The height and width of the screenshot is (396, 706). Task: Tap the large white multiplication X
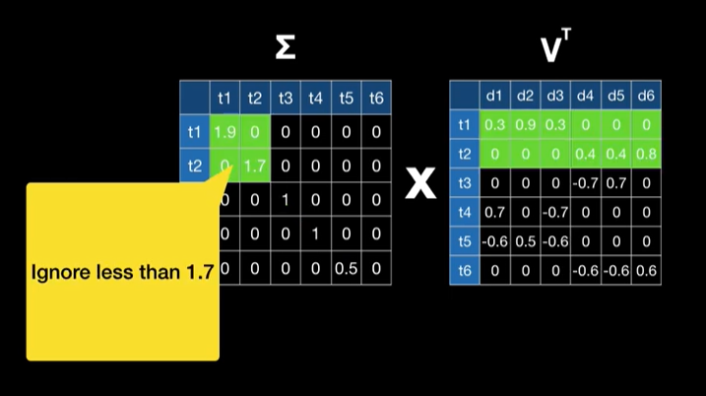(x=420, y=183)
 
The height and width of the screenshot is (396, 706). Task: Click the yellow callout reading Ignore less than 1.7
(x=122, y=271)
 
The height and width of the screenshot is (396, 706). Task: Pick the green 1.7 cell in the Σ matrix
(x=254, y=165)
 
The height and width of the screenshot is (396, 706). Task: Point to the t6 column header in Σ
(x=375, y=98)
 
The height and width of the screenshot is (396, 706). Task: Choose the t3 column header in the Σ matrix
(x=285, y=98)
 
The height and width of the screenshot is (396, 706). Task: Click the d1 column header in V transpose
(x=494, y=96)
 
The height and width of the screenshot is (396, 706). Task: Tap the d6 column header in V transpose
(x=646, y=96)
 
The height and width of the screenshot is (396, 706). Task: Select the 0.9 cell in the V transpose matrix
(x=525, y=124)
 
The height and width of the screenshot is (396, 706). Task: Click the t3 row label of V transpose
(x=465, y=182)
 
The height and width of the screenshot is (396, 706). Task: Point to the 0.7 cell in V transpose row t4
(x=494, y=212)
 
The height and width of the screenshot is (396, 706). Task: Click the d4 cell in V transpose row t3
(x=586, y=182)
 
